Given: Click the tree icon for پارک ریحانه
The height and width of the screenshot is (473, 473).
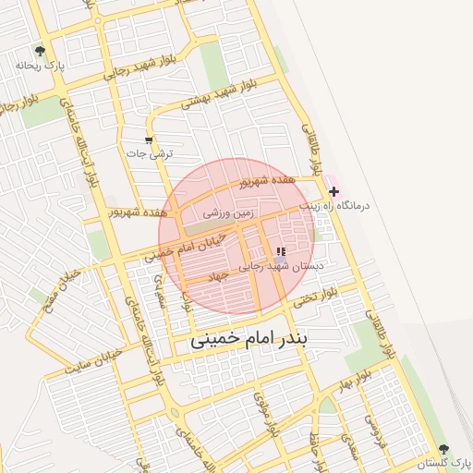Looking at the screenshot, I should (39, 51).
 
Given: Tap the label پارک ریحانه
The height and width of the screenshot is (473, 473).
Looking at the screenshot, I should (39, 67).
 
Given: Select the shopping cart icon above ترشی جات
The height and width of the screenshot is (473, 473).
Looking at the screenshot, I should (149, 140).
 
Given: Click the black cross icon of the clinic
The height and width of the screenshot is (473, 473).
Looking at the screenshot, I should (334, 191).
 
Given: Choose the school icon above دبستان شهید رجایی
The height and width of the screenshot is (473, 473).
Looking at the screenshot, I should (281, 251).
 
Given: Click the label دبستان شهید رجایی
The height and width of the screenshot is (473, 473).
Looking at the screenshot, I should (282, 265).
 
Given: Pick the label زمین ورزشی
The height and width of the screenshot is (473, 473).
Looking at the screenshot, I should (228, 213).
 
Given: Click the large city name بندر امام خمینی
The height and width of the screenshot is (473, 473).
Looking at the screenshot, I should (253, 339).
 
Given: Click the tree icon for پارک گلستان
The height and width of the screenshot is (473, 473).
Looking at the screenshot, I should (445, 449).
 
